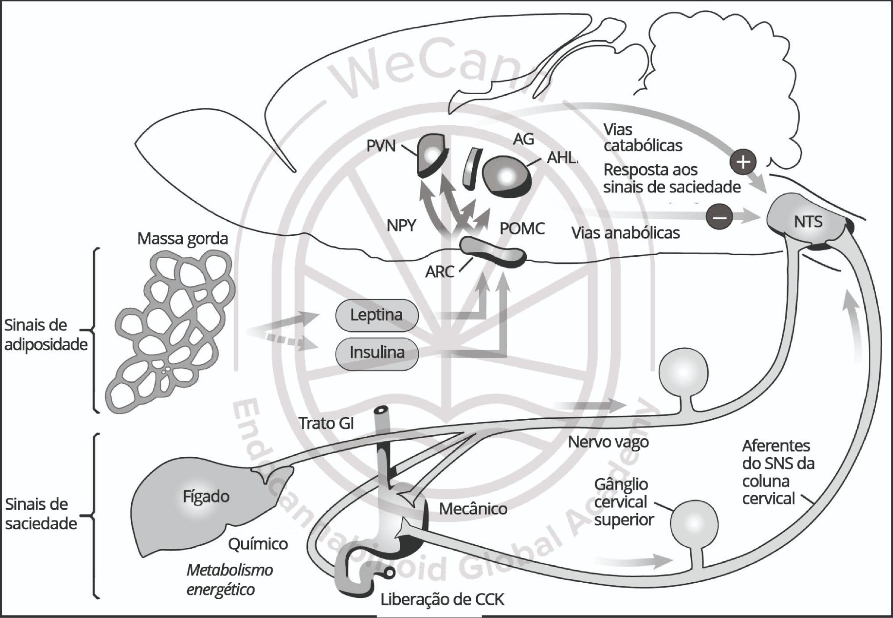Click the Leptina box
pos(377,315)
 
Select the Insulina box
pos(377,353)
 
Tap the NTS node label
pos(808,222)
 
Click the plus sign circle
pos(743,162)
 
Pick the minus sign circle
pos(719,217)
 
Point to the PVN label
pos(381,146)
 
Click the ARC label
pos(440,271)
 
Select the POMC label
pos(522,229)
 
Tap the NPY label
pos(401,226)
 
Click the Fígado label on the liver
pos(206,497)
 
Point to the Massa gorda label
pos(182,239)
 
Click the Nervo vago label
pos(608,442)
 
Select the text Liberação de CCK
pos(442,600)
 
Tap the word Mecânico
pos(473,509)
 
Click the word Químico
pos(258,544)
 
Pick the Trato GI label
pos(326,423)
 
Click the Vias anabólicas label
pos(625,233)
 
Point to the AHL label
pos(562,158)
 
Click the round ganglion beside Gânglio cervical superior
pos(694,523)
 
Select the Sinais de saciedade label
pos(41,514)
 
